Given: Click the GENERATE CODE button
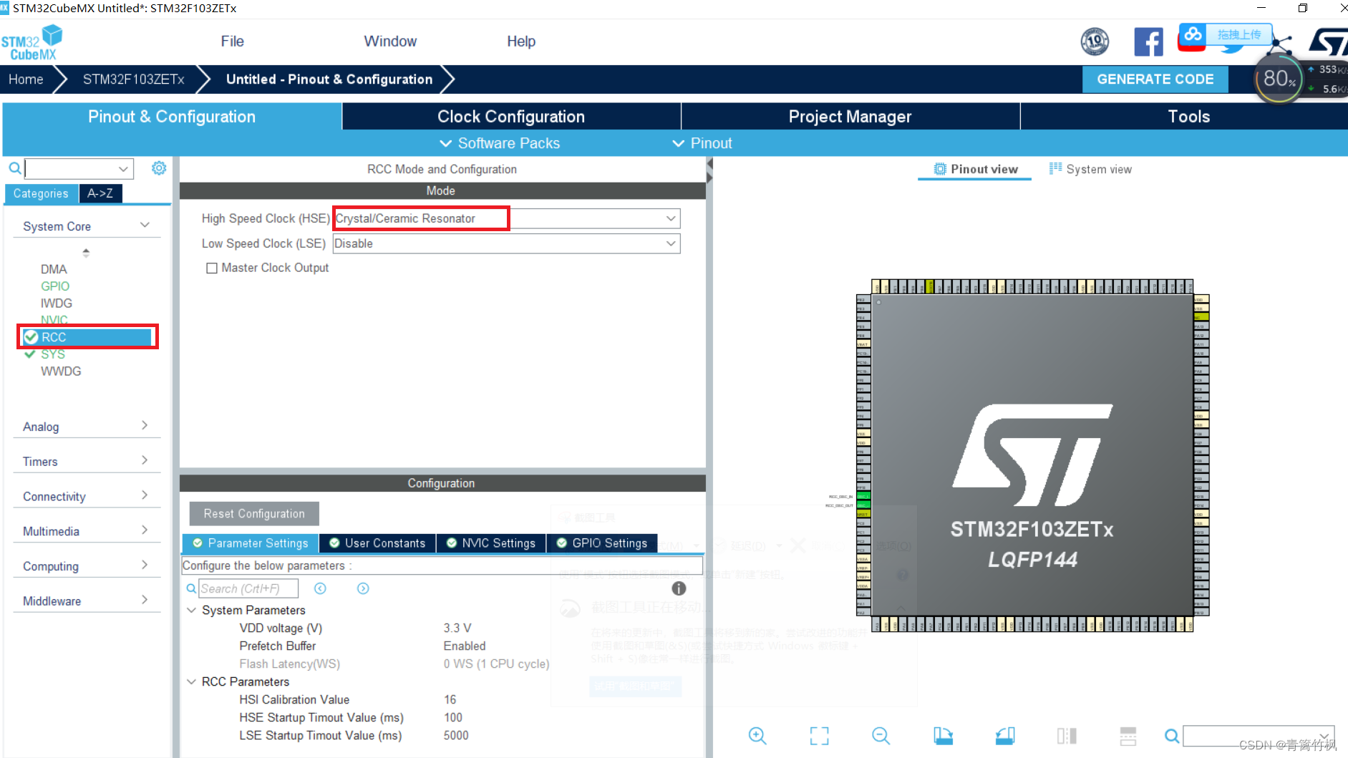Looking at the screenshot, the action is [x=1155, y=79].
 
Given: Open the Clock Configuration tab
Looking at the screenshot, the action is [x=510, y=117].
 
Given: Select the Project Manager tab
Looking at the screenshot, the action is [x=850, y=117].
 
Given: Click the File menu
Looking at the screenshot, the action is [x=232, y=42].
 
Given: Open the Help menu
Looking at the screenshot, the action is [x=520, y=42].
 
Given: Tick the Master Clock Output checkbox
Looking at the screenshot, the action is [x=212, y=268].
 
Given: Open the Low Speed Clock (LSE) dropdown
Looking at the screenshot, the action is [x=505, y=244].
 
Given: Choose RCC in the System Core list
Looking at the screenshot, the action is [x=54, y=337].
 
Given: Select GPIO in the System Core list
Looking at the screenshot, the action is [x=55, y=286].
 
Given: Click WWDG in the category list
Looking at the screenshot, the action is [x=61, y=371].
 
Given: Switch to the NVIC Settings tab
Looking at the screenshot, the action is [x=491, y=543].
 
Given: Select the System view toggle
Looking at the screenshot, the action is [x=1090, y=170].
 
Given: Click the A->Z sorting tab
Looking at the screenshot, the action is [x=100, y=193].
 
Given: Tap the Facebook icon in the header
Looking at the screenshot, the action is [x=1148, y=42].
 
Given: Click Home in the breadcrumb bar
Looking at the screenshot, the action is [x=26, y=79].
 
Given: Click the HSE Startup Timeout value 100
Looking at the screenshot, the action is [x=453, y=717].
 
